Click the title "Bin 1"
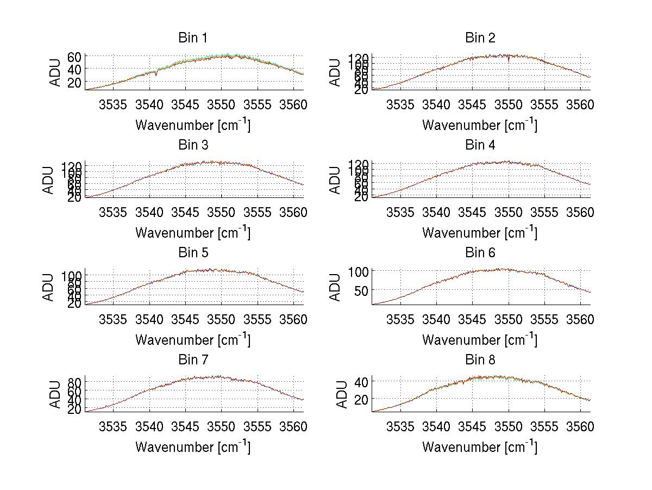coord(192,38)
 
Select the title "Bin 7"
coord(192,360)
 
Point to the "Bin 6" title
coord(480,253)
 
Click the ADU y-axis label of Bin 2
coord(335,73)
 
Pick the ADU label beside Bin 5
coord(48,287)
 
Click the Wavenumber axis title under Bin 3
coord(192,232)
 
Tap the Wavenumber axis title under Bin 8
coord(480,446)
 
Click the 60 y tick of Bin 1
coord(74,57)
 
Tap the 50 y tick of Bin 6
coord(361,290)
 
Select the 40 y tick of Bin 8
coord(361,381)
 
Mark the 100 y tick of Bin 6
coord(359,271)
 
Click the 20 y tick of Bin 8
coord(361,399)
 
